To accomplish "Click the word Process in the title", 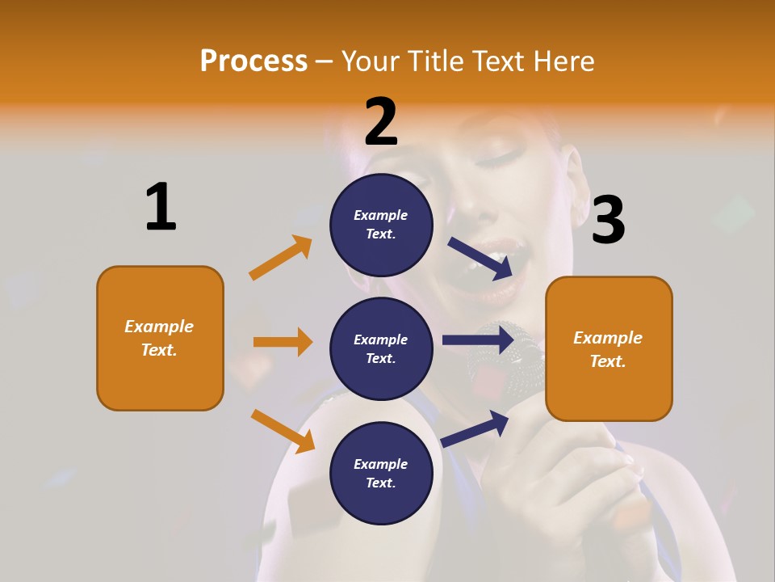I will (x=253, y=61).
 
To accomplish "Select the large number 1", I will (x=161, y=207).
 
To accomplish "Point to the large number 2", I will (x=381, y=121).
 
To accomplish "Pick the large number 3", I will (x=608, y=220).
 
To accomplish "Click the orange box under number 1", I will (x=160, y=338).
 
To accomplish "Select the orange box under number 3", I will (x=609, y=348).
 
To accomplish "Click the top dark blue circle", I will (x=381, y=225).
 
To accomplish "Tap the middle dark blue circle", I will (x=381, y=348).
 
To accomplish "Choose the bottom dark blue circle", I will (x=381, y=473).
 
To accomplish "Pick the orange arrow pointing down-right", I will (x=283, y=431).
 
